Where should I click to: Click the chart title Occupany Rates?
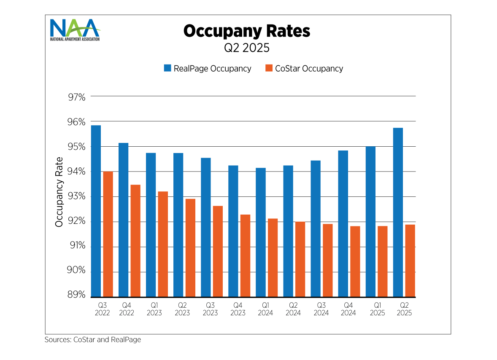(x=247, y=31)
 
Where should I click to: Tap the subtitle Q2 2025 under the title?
(x=247, y=48)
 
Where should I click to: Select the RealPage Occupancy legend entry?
(x=208, y=68)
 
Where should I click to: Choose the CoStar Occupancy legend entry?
(x=304, y=68)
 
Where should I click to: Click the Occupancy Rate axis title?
(x=59, y=192)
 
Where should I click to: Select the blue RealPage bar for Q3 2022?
(x=96, y=211)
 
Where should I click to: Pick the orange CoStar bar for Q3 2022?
(x=108, y=234)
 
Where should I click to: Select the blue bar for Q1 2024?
(x=261, y=232)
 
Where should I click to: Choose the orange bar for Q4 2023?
(x=245, y=255)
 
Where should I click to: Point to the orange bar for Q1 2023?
(x=163, y=244)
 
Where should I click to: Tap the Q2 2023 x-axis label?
(x=182, y=309)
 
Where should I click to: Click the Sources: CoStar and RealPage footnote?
(x=93, y=339)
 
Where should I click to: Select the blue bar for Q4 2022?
(x=123, y=220)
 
